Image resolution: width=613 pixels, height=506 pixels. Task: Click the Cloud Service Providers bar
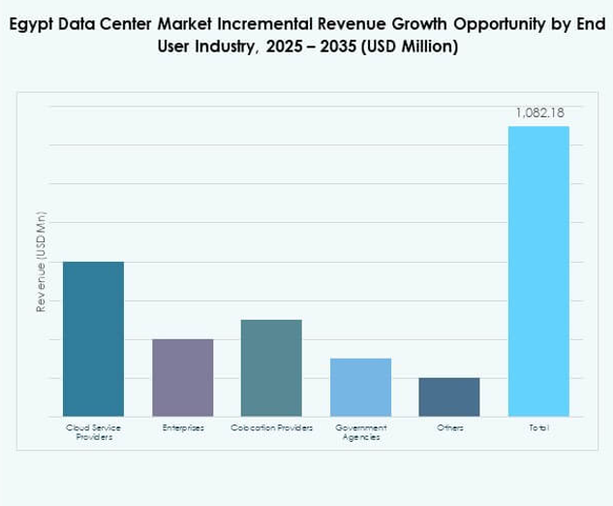(93, 339)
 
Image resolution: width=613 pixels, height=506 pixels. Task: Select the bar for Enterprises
(182, 378)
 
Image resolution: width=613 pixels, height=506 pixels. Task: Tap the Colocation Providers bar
(271, 368)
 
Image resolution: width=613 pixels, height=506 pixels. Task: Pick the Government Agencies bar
(360, 388)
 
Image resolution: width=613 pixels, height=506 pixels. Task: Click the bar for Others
(449, 397)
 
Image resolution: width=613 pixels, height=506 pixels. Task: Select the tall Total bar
(538, 271)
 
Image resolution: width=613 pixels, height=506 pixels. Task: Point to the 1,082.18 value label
(539, 113)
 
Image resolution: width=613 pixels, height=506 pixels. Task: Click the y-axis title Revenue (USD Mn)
(42, 262)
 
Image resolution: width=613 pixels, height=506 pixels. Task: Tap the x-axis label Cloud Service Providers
(93, 432)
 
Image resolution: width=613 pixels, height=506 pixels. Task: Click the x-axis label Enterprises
(182, 427)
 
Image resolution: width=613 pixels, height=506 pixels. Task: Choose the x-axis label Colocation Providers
(271, 427)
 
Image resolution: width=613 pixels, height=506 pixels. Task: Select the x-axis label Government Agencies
(360, 432)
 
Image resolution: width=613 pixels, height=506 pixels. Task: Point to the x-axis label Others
(449, 427)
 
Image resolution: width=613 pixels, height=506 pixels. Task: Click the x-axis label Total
(538, 427)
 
